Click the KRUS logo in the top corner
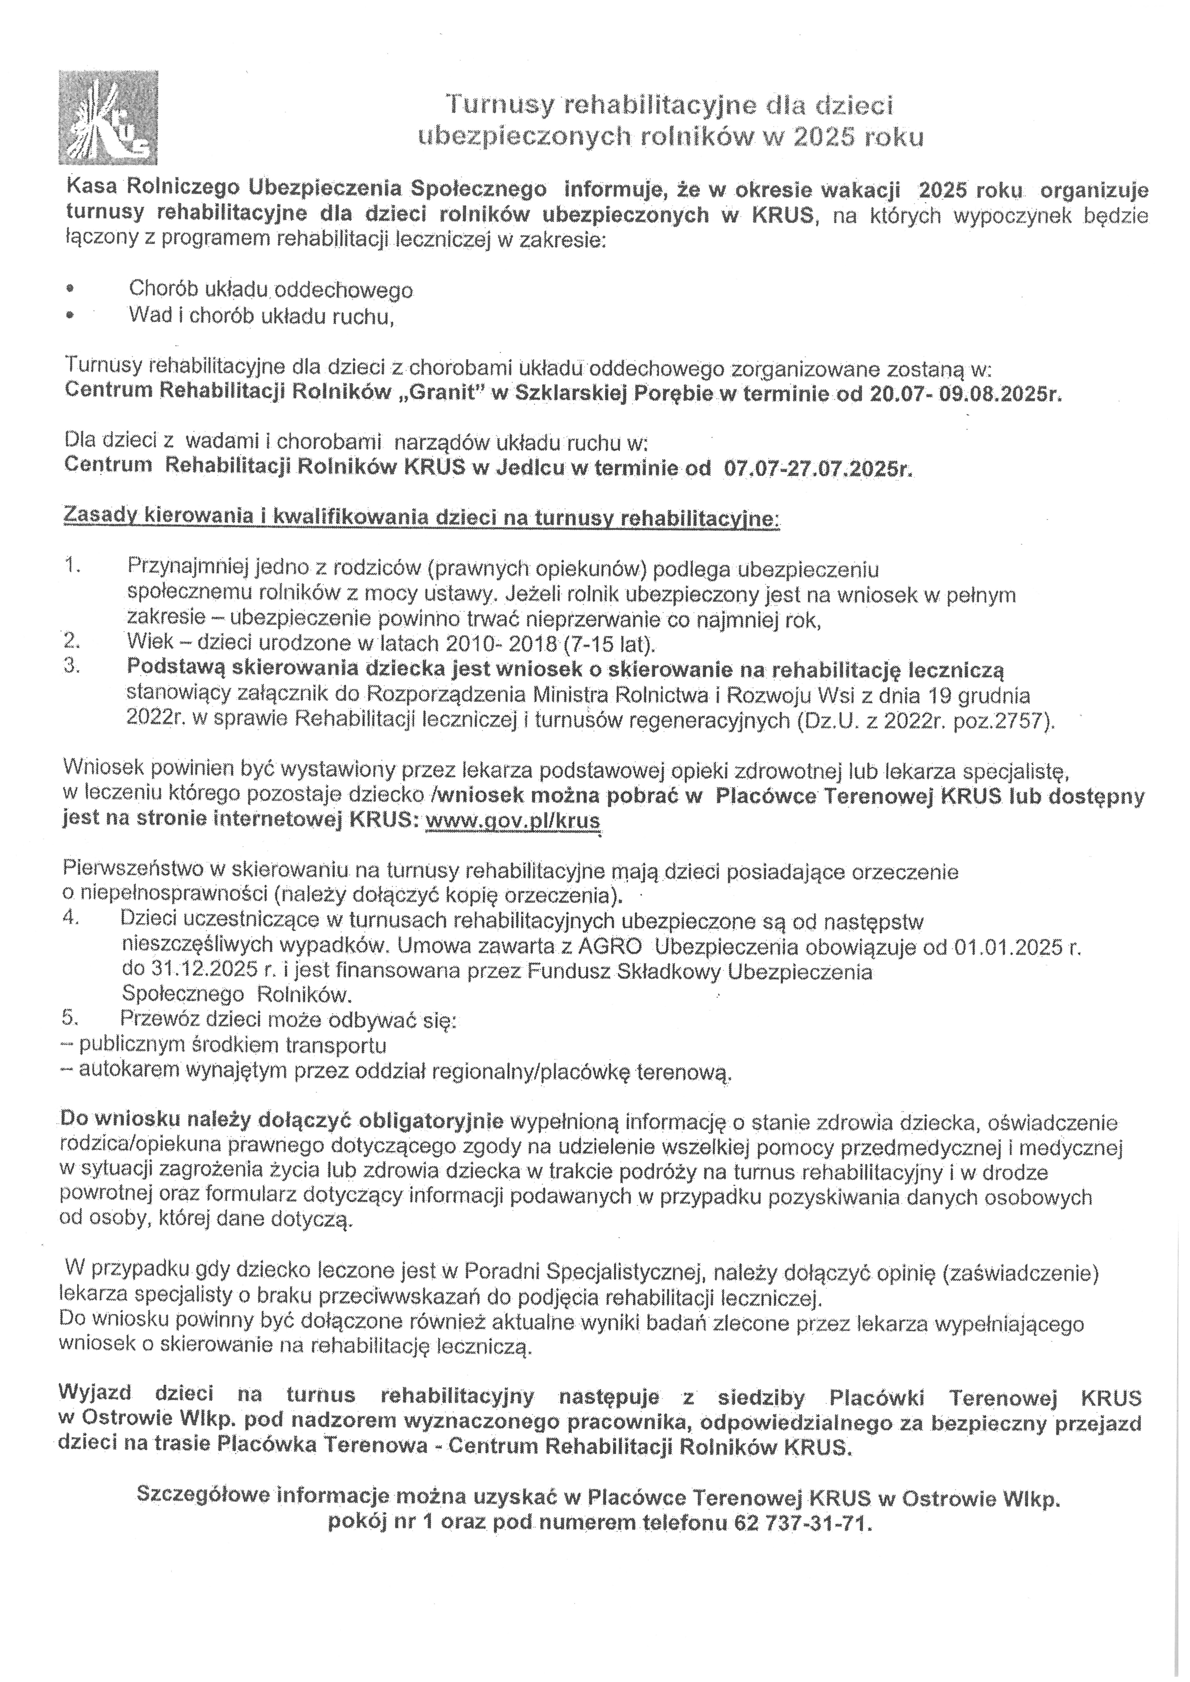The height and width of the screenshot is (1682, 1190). pyautogui.click(x=107, y=117)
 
